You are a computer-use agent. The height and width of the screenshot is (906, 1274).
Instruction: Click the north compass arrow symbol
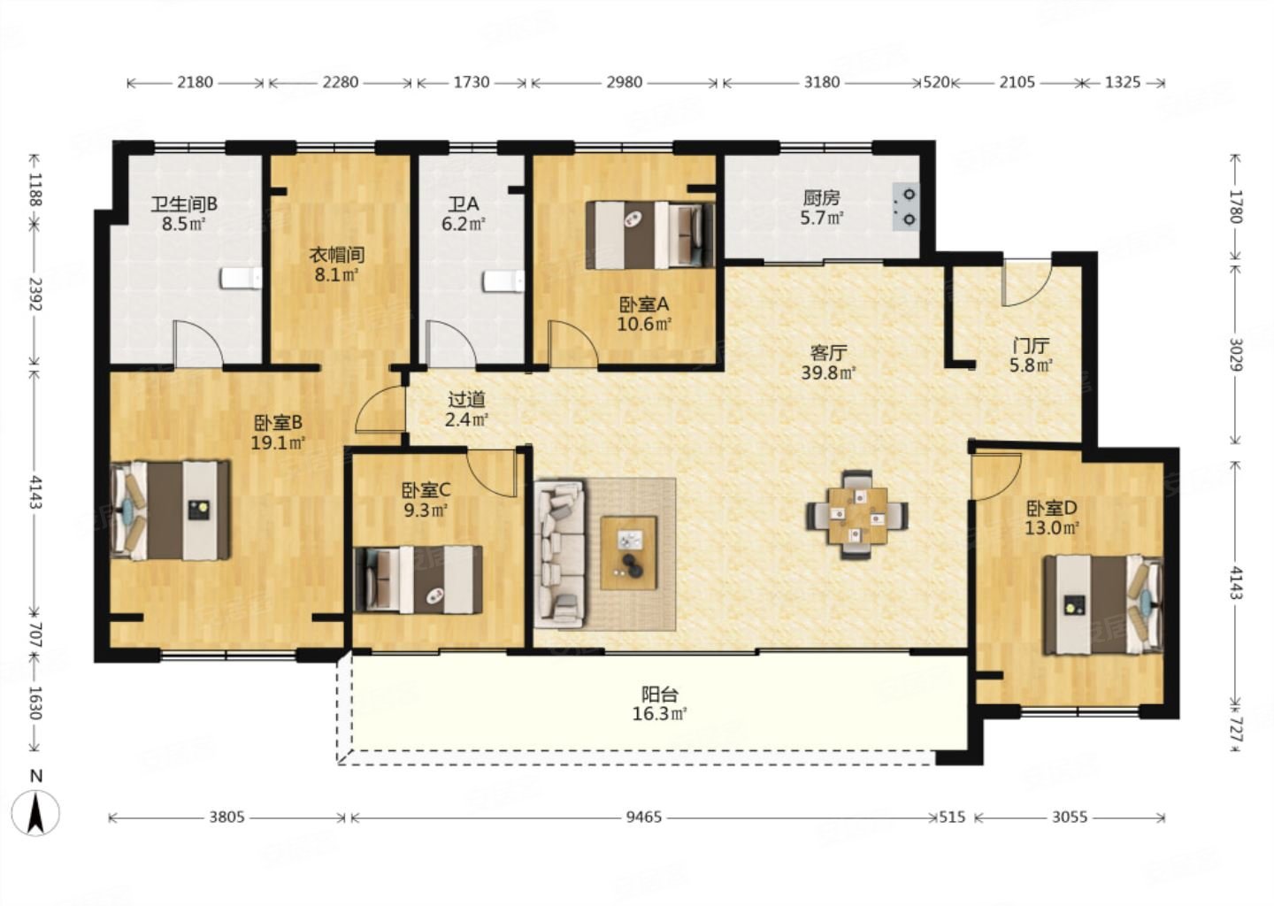tap(36, 813)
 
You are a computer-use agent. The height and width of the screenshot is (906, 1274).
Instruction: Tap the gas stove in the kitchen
tap(906, 206)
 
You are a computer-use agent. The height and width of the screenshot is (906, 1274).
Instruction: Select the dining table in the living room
tap(857, 515)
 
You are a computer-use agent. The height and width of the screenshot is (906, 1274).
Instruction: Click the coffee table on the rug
tap(628, 552)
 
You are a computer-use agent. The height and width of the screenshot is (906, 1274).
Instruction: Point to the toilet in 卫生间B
tap(242, 279)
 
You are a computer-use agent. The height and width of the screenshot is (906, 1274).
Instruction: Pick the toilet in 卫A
tap(504, 281)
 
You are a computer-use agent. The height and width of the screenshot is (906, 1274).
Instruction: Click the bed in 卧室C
tap(418, 580)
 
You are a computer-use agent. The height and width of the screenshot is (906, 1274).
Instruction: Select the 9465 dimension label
tap(644, 818)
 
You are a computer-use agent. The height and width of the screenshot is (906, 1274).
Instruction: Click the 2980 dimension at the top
tap(624, 82)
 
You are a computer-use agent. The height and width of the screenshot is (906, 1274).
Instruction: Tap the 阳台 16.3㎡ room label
tap(660, 704)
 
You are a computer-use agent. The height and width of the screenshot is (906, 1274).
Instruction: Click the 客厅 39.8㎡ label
tap(829, 363)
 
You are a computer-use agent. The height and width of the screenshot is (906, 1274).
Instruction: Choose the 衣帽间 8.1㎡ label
tap(337, 265)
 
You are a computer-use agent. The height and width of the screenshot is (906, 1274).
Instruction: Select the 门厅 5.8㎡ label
tap(1031, 355)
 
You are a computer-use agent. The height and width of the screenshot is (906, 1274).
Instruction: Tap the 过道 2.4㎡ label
tap(466, 409)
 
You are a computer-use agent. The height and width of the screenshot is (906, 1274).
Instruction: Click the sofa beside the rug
tap(560, 554)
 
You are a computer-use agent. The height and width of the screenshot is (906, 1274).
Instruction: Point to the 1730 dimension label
tap(472, 82)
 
